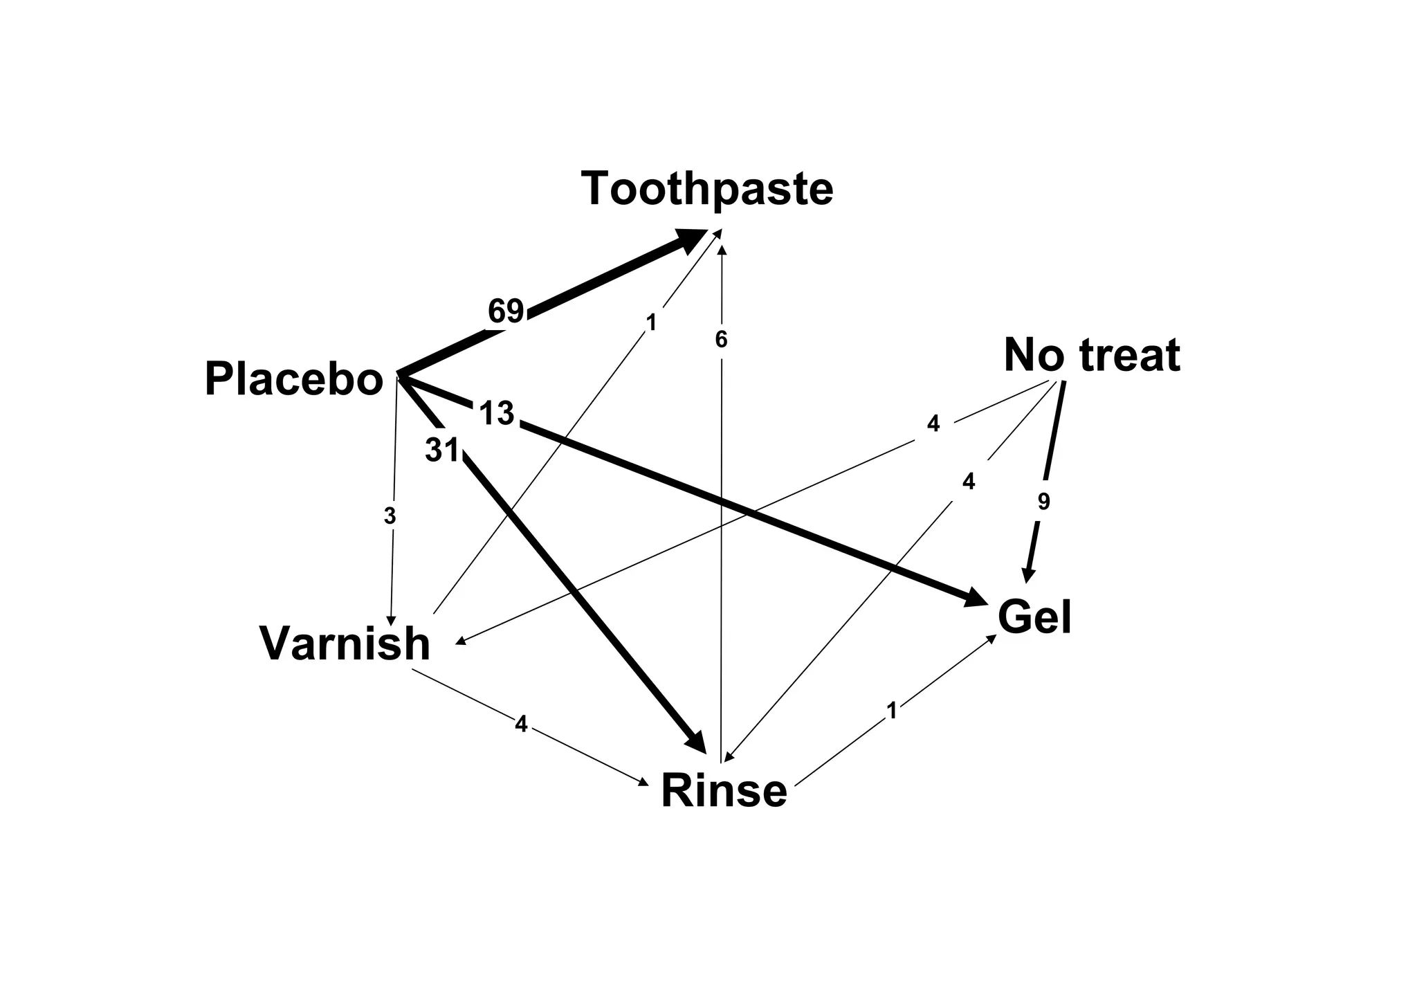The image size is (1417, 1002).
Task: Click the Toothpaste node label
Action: click(707, 189)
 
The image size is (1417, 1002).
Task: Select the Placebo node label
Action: click(294, 380)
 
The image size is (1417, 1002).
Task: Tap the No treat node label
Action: click(1092, 356)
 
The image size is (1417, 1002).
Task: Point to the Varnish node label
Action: click(345, 644)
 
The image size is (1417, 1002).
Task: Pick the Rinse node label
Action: click(724, 791)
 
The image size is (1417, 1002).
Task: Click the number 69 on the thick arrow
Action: click(506, 311)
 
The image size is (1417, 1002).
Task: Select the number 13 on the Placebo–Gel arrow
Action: click(497, 414)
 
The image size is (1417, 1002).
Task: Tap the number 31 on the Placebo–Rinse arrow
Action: click(442, 450)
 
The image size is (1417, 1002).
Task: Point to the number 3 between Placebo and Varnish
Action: click(390, 516)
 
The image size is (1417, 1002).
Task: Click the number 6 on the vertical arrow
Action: click(721, 340)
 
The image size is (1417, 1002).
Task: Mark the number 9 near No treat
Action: click(1044, 502)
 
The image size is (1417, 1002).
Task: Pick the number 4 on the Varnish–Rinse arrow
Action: click(521, 725)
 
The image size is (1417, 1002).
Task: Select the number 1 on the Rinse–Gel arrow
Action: click(892, 711)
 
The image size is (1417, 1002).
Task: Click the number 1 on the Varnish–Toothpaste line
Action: click(650, 322)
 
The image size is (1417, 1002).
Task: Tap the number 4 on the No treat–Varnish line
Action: click(933, 423)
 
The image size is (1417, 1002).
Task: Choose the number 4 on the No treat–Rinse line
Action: click(969, 482)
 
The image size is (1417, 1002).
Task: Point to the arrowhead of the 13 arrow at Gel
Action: click(976, 599)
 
